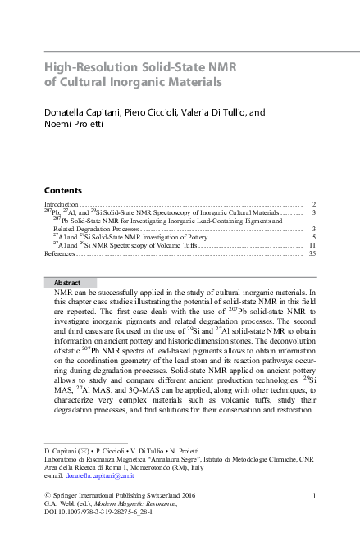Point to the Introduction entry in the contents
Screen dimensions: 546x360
pyautogui.click(x=60, y=203)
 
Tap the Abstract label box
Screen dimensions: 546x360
pyautogui.click(x=70, y=282)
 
